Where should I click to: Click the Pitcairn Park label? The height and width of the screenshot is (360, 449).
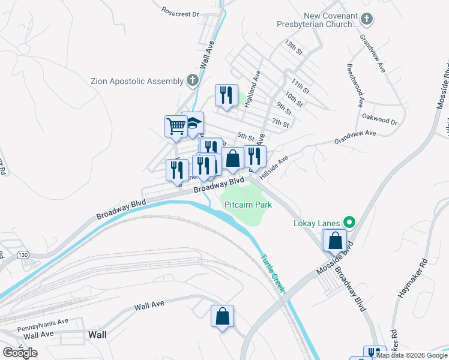click(x=248, y=205)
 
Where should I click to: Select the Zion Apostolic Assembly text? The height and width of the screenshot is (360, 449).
click(x=136, y=81)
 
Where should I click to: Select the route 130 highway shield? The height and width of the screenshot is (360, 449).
click(x=23, y=254)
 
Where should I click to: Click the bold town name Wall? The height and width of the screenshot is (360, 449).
click(x=98, y=334)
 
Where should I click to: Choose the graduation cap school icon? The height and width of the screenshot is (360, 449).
click(x=193, y=123)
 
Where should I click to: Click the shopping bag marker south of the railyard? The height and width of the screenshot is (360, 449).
click(x=222, y=316)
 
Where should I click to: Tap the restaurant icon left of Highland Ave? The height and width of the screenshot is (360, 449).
click(x=226, y=95)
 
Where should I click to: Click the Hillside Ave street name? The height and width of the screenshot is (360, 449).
click(x=274, y=166)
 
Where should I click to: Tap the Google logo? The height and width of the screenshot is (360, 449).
click(x=20, y=352)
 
